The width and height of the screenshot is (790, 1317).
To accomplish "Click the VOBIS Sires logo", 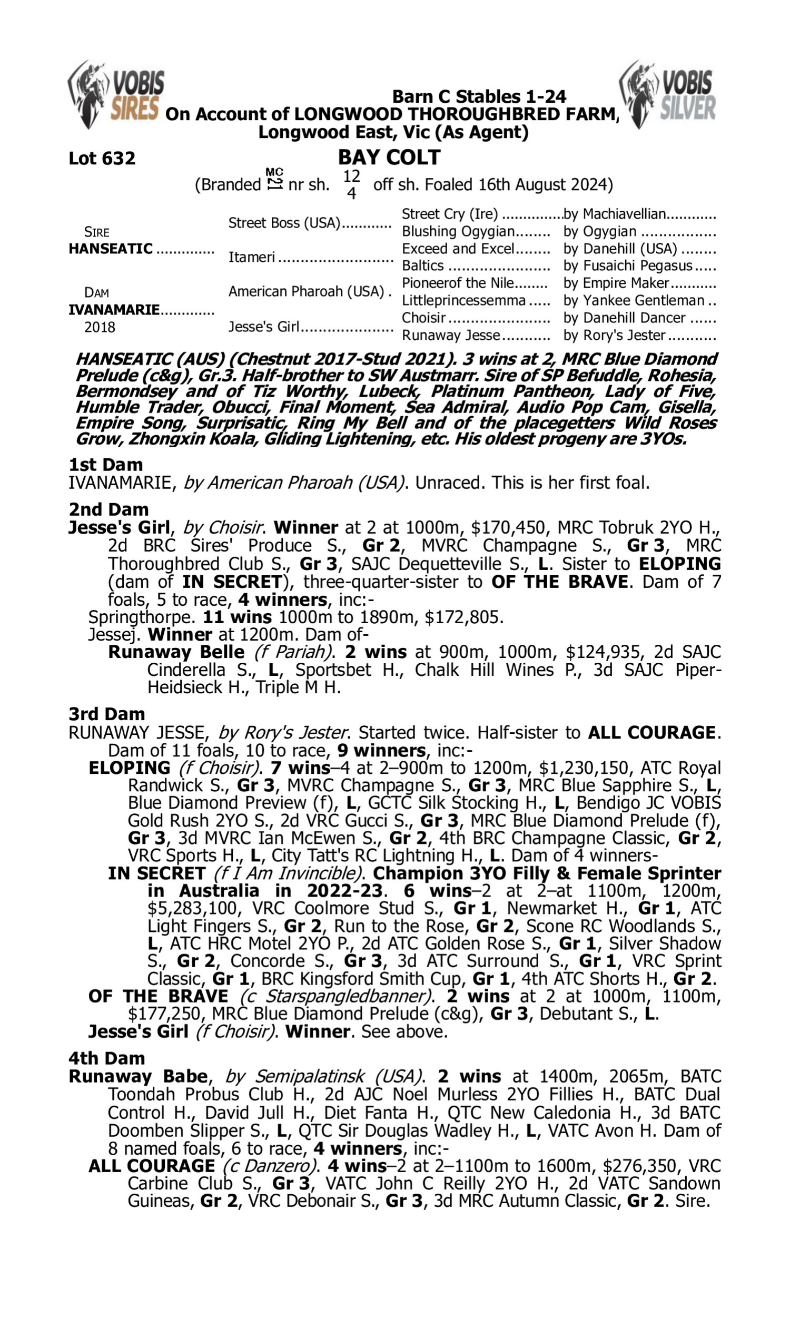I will pyautogui.click(x=116, y=94).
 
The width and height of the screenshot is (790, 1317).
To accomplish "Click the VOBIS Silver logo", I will pyautogui.click(x=668, y=94).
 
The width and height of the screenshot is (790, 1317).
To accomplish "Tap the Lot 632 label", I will pyautogui.click(x=102, y=159).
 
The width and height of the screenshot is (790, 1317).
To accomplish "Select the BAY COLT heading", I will pyautogui.click(x=389, y=158).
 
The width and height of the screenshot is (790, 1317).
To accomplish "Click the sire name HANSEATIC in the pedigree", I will pyautogui.click(x=111, y=249).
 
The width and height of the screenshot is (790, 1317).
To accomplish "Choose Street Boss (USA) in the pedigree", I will pyautogui.click(x=284, y=222).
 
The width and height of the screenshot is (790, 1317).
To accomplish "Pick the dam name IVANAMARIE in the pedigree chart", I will pyautogui.click(x=114, y=310).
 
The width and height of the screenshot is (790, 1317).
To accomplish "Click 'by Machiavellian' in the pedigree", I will pyautogui.click(x=615, y=214).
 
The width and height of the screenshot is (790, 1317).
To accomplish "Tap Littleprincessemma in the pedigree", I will pyautogui.click(x=463, y=301).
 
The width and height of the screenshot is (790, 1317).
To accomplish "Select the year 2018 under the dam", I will pyautogui.click(x=100, y=327).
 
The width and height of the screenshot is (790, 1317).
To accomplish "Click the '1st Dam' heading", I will pyautogui.click(x=106, y=465).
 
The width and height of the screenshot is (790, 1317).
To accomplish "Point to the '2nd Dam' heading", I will pyautogui.click(x=108, y=509).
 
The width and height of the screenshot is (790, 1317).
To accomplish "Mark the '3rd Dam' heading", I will pyautogui.click(x=106, y=714).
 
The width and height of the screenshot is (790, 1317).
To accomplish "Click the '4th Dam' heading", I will pyautogui.click(x=107, y=1058).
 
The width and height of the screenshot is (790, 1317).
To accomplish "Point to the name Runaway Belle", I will pyautogui.click(x=176, y=652).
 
